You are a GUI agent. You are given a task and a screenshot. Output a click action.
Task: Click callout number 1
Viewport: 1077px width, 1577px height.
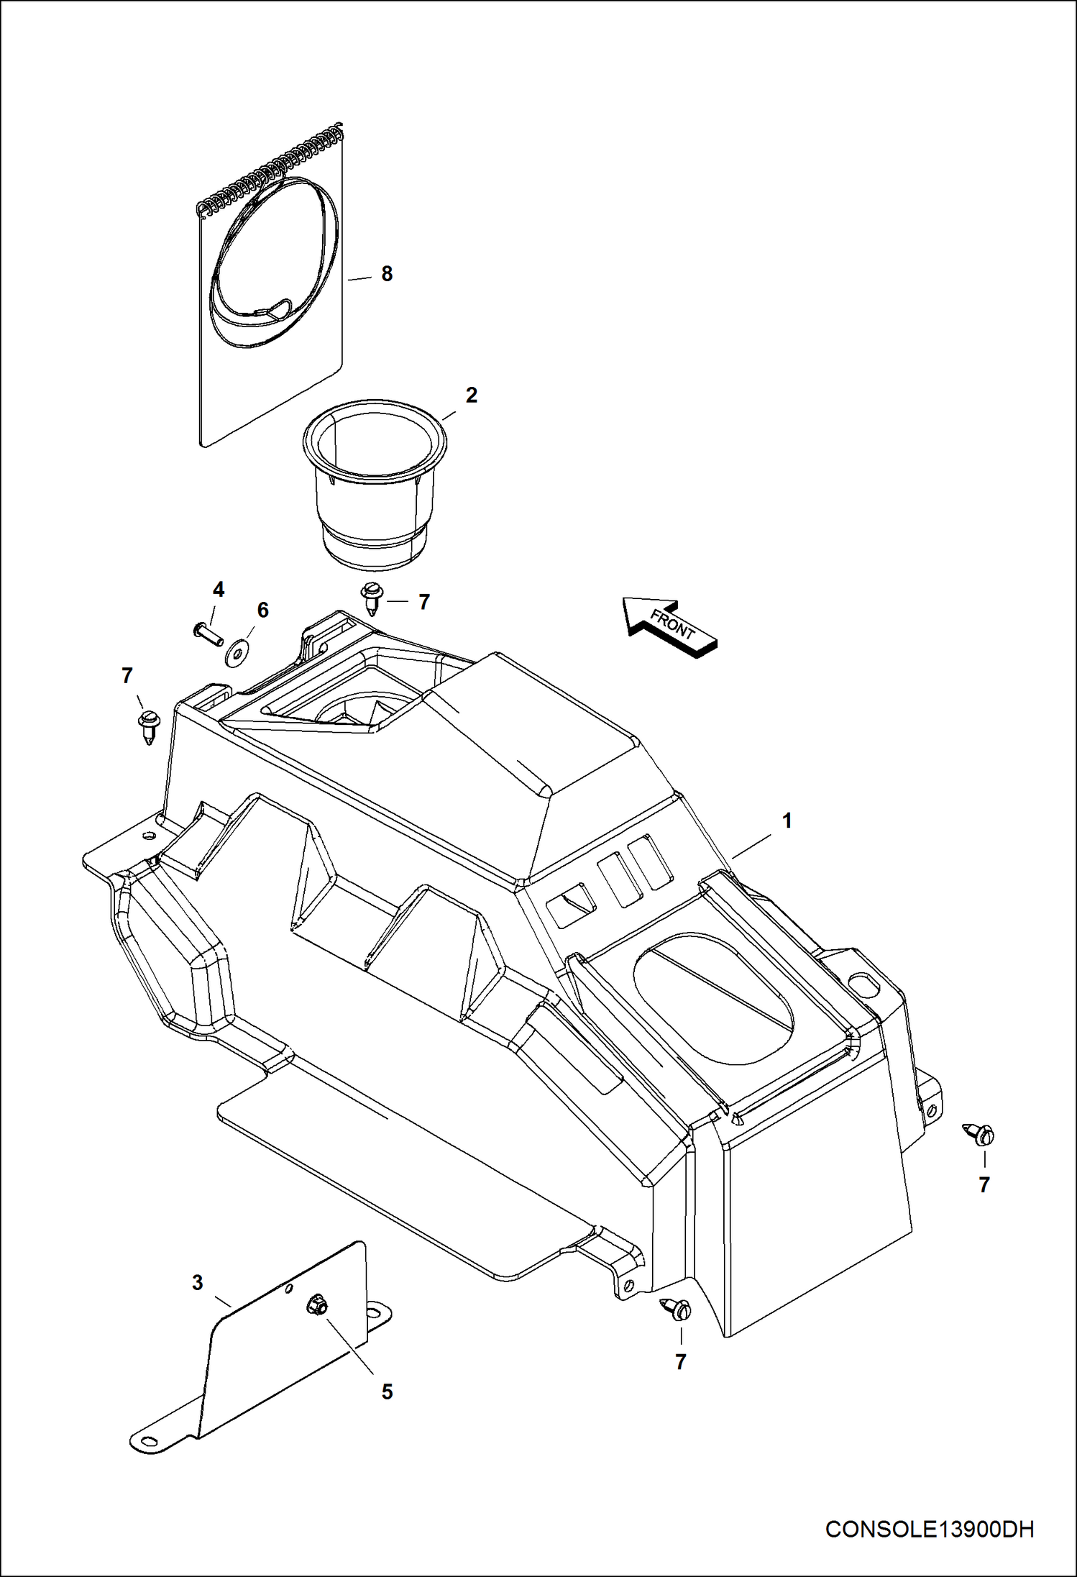pyautogui.click(x=787, y=821)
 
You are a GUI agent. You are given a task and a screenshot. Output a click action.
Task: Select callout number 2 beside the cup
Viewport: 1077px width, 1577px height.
pyautogui.click(x=471, y=395)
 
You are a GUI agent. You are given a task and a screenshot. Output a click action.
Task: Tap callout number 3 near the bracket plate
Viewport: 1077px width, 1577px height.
pyautogui.click(x=198, y=1283)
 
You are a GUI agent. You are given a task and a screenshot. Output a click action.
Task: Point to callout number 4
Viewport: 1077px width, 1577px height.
pyautogui.click(x=219, y=590)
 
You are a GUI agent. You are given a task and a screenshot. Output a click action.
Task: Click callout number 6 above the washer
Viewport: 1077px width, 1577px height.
pyautogui.click(x=263, y=610)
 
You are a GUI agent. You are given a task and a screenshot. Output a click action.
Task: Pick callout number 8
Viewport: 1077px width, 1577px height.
pyautogui.click(x=387, y=273)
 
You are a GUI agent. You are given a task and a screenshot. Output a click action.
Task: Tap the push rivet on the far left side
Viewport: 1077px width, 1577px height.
pyautogui.click(x=149, y=725)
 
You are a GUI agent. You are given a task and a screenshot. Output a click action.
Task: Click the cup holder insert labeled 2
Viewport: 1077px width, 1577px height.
pyautogui.click(x=374, y=482)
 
